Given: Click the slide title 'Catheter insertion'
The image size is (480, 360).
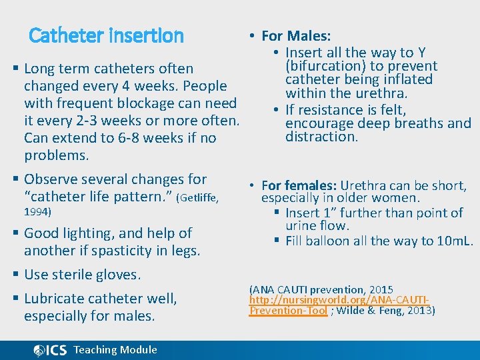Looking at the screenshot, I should (106, 35).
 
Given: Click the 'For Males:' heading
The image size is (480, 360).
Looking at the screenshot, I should (296, 36).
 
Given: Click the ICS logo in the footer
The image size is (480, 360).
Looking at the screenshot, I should (50, 350).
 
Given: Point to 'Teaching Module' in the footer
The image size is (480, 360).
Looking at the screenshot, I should (115, 350).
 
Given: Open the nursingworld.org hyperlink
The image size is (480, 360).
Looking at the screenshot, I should (338, 300).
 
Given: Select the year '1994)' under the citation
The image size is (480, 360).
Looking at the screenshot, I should (38, 212).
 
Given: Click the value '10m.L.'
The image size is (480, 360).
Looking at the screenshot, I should (454, 241).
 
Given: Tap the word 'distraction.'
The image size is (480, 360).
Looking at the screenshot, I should (322, 137).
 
